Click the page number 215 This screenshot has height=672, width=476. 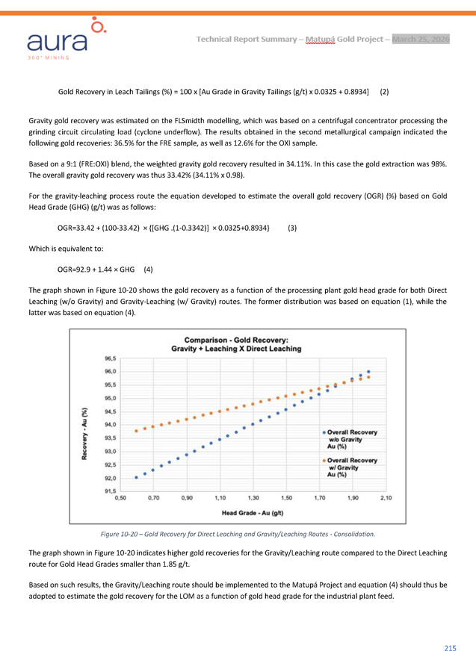click(x=450, y=648)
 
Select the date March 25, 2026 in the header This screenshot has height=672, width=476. click(x=421, y=39)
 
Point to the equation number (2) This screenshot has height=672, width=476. click(x=384, y=92)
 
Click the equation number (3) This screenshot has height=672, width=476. click(x=292, y=228)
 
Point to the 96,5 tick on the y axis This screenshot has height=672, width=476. click(x=110, y=358)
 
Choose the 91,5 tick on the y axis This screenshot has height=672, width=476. click(x=110, y=491)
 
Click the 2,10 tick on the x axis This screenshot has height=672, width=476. click(x=386, y=497)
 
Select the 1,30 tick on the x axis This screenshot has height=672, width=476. click(x=253, y=497)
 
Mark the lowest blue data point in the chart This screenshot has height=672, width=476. click(x=136, y=477)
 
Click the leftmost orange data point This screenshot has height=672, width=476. click(x=136, y=431)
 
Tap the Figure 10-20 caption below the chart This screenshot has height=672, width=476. click(x=238, y=535)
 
